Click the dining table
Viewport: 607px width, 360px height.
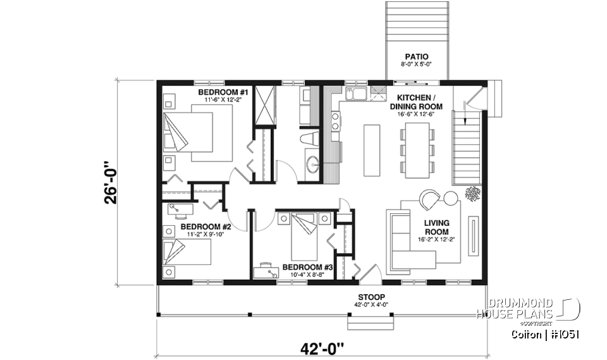(x=417, y=149)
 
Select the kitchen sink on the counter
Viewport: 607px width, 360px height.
(x=355, y=96)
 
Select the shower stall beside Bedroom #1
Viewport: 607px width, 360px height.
(x=264, y=106)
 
